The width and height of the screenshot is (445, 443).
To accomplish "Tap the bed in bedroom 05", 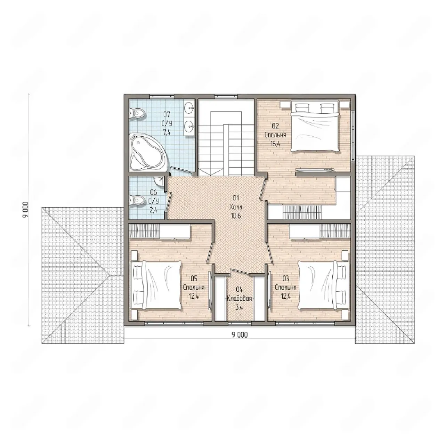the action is pos(156,285).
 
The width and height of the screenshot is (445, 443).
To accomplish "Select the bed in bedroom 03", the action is pos(322,285).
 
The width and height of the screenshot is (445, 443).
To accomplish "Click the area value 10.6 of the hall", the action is pos(236,216).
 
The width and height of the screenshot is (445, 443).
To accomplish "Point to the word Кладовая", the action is pos(239,298).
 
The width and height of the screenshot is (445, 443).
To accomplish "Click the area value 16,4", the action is pos(275,143).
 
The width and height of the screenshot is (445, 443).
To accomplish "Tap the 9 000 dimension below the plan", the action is pos(239,335).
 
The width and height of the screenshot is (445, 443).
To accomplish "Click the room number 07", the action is pos(167,114).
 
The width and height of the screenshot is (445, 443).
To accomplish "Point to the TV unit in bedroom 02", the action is pos(315,170).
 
